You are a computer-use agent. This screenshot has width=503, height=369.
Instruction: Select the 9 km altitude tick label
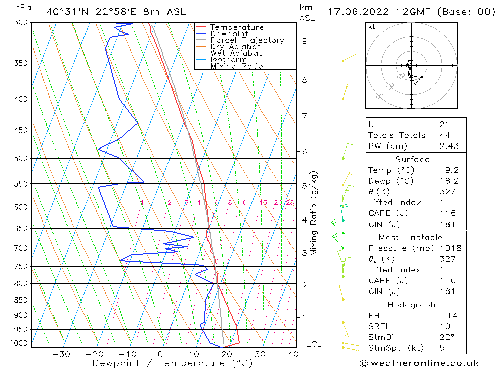305,41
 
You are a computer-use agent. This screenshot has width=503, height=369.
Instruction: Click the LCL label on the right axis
313,344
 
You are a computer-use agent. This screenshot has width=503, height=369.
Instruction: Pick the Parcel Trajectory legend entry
247,40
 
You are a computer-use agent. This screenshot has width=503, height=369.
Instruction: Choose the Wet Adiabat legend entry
236,53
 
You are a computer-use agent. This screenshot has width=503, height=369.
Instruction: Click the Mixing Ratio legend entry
236,66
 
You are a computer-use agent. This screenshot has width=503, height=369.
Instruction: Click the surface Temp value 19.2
449,170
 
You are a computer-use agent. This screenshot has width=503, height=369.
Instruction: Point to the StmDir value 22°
447,337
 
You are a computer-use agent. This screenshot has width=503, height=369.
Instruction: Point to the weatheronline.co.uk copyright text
419,363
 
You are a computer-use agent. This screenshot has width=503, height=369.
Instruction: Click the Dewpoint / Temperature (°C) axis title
172,363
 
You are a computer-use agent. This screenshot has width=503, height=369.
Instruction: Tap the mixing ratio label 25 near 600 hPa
290,203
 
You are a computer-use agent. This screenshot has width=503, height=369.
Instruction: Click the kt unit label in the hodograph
371,27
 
